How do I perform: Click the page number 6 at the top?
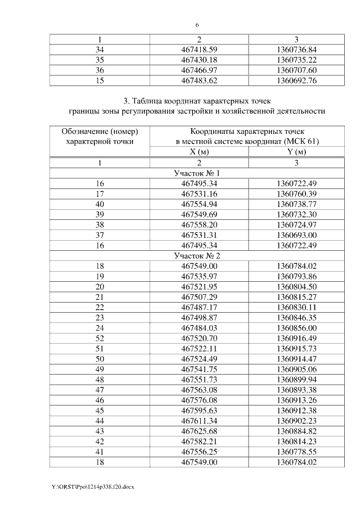197,25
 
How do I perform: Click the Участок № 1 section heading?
196,173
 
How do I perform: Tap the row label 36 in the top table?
100,70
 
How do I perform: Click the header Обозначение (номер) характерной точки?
100,136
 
